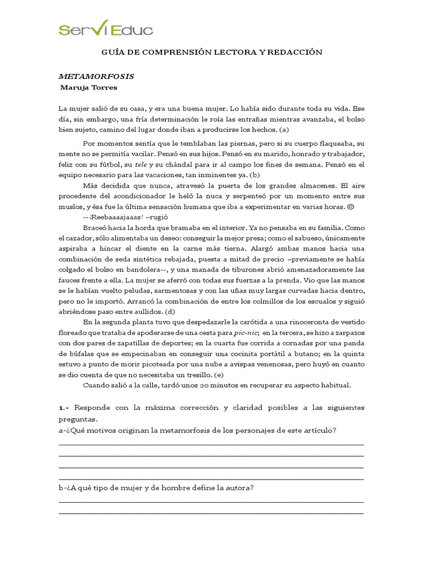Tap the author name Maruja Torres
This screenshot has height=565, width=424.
pos(89,87)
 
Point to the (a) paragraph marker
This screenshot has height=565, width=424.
pos(284,130)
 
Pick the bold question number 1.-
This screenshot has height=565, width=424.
pos(64,407)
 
